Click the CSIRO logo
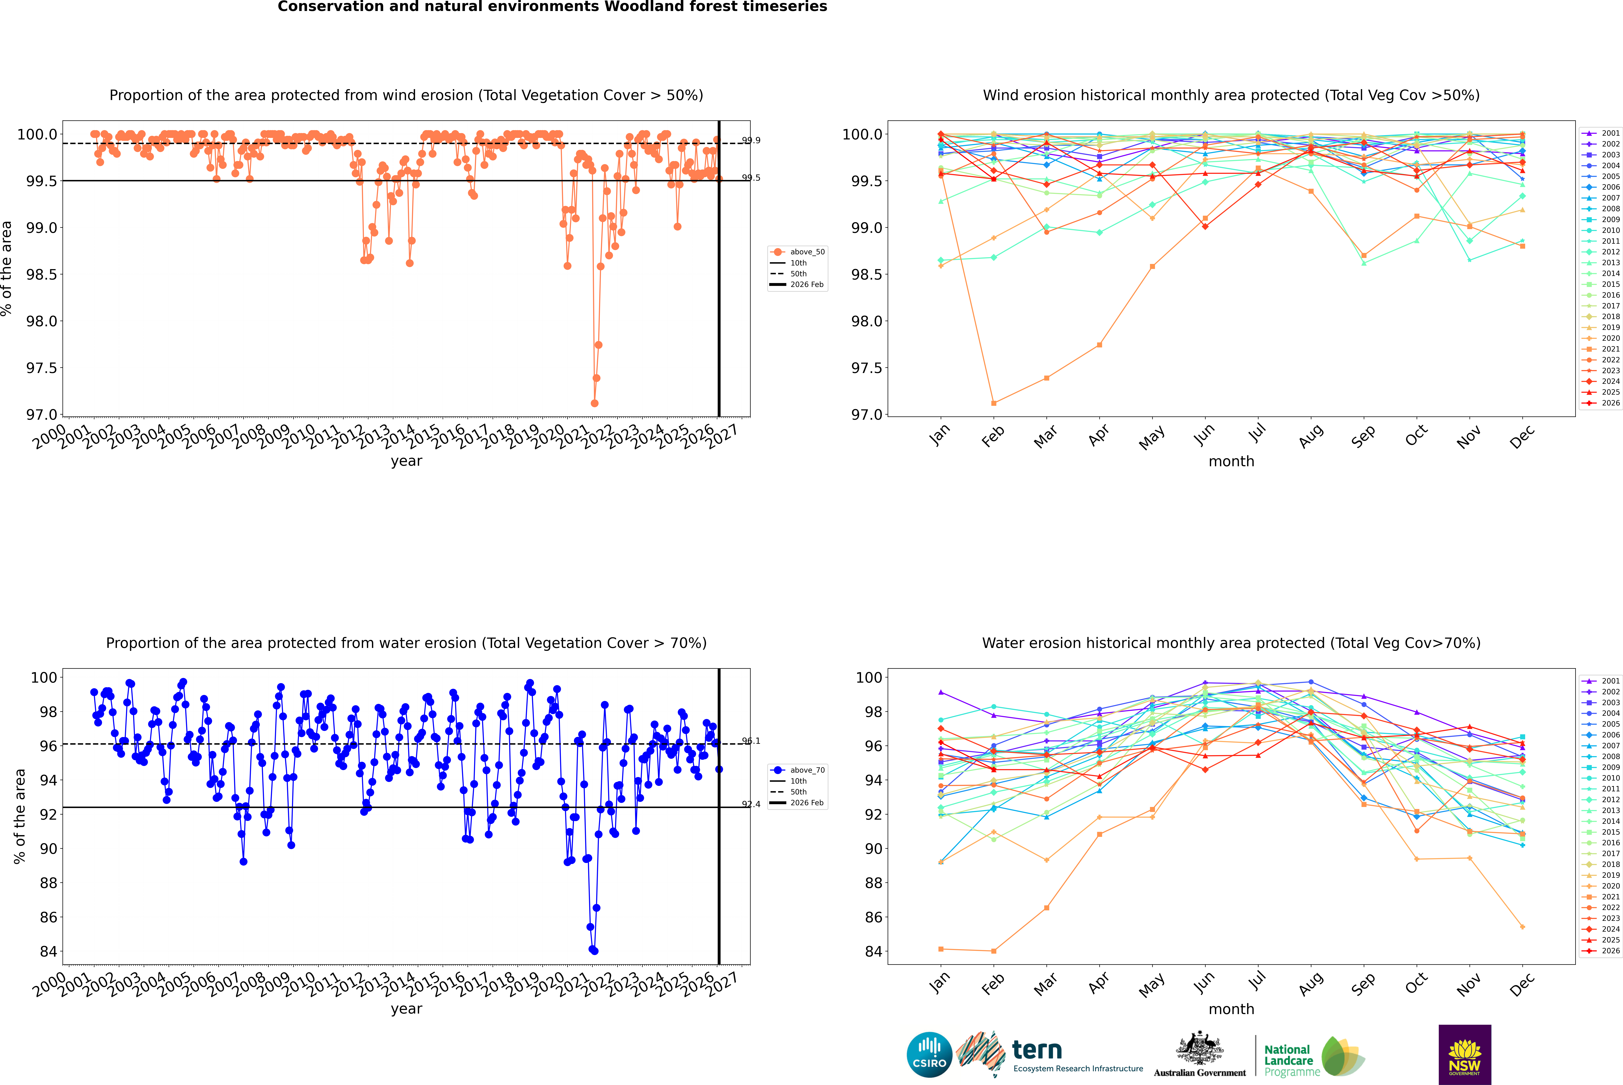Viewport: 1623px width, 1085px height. (x=929, y=1055)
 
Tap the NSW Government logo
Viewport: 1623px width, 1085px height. (x=1465, y=1055)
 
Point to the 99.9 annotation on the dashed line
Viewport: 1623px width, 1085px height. (x=751, y=140)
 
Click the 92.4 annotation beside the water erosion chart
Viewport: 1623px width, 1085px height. (x=751, y=804)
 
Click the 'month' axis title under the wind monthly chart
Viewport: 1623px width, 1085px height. (x=1231, y=462)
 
